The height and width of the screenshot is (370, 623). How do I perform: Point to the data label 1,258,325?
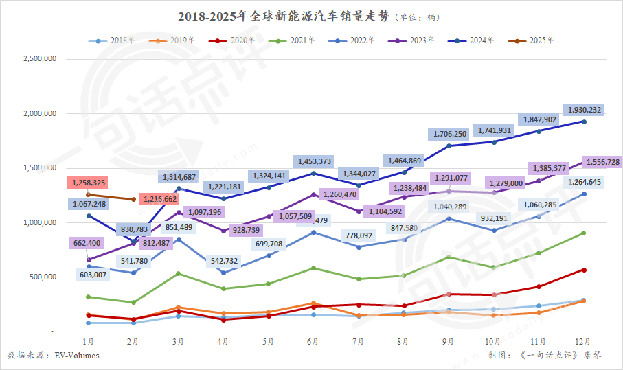[x=87, y=183]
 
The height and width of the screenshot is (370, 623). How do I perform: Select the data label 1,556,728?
[x=601, y=162]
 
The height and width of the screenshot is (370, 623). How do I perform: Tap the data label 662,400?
[x=87, y=243]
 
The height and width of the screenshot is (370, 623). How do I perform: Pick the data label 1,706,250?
[x=450, y=134]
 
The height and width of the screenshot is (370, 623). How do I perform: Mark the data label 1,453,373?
[x=315, y=161]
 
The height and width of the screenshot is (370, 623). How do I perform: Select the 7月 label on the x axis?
[x=357, y=340]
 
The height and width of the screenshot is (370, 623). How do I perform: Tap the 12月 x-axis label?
[x=584, y=340]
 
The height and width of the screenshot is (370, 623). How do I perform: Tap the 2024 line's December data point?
[x=584, y=122]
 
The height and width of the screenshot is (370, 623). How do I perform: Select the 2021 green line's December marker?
[x=584, y=233]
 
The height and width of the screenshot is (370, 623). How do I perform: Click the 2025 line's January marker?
[x=88, y=194]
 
